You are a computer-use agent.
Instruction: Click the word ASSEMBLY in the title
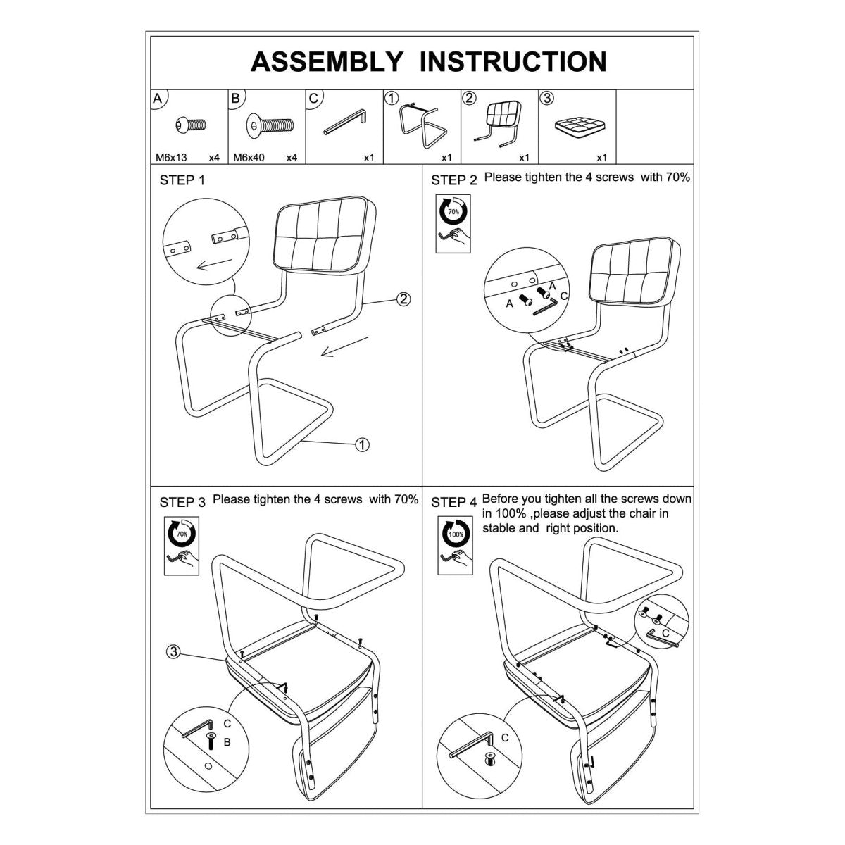(x=326, y=62)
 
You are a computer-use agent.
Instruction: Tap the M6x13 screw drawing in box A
(x=190, y=125)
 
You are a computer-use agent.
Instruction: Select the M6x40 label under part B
(x=249, y=158)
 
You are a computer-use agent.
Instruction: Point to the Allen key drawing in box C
(x=344, y=121)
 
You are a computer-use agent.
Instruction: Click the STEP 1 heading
(x=182, y=180)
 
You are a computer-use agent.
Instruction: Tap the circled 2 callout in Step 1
(x=403, y=299)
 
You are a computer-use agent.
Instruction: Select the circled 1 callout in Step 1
(x=362, y=444)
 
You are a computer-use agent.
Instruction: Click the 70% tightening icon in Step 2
(x=453, y=224)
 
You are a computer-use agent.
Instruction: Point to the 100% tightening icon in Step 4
(x=455, y=546)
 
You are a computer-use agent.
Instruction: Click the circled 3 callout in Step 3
(x=174, y=651)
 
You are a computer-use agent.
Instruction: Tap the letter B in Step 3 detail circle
(x=227, y=742)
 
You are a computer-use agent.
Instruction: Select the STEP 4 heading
(x=453, y=503)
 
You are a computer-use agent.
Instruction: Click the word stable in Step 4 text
(x=499, y=528)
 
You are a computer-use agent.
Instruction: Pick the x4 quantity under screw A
(x=214, y=158)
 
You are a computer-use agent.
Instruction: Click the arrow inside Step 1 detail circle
(x=214, y=265)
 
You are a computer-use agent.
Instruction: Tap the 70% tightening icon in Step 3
(x=182, y=546)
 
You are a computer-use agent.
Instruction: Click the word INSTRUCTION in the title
(x=513, y=62)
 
